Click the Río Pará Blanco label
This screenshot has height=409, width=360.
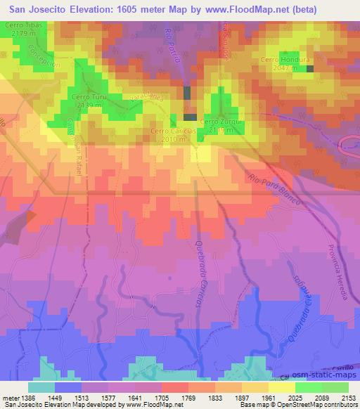[274, 189]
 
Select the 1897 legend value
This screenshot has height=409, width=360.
[240, 398]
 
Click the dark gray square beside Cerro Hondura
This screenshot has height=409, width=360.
[310, 60]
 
